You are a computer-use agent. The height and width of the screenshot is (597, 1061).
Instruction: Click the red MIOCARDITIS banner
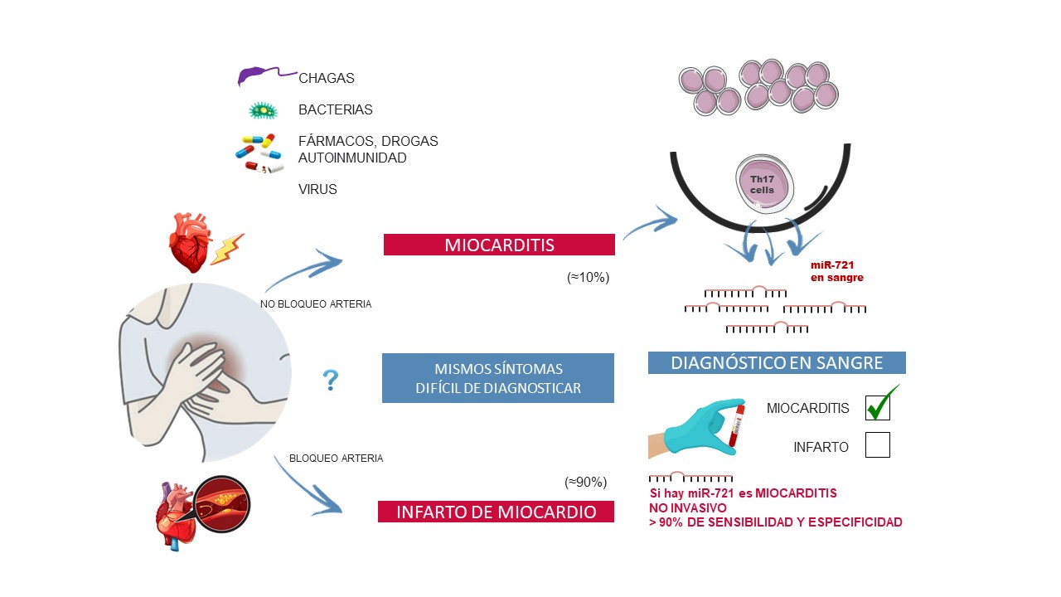coord(498,245)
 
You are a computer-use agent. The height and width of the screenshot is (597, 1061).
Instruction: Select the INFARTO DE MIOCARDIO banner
coord(496,512)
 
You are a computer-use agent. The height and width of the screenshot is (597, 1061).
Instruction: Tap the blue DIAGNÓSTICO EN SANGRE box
coord(776,362)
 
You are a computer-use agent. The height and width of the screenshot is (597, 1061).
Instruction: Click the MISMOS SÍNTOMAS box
coord(497,378)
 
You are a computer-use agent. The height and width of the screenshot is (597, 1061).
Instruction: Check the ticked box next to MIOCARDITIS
coord(878,408)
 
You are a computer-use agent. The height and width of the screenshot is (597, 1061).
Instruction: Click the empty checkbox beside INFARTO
coord(877,445)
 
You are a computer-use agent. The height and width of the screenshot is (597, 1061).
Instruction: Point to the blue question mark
coord(330,380)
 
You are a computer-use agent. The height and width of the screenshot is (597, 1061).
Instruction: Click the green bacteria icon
coord(264,110)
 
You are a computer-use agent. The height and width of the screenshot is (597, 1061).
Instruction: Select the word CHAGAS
coord(327,79)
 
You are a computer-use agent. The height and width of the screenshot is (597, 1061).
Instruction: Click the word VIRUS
coord(317,189)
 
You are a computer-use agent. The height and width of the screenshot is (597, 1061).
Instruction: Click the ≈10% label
coord(588,278)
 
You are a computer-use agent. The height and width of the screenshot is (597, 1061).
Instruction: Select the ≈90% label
coord(586,482)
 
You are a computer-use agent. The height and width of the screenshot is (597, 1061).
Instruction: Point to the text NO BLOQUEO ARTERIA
coord(316,304)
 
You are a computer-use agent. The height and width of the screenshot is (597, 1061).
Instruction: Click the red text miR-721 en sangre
coord(836,271)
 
